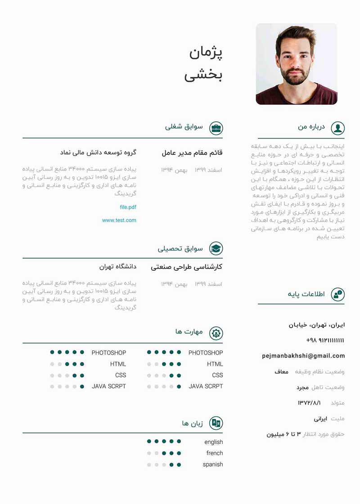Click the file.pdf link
pyautogui.click(x=128, y=207)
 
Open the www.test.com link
pyautogui.click(x=119, y=220)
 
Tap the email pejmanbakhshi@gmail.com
pyautogui.click(x=303, y=356)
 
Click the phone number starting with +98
pyautogui.click(x=325, y=340)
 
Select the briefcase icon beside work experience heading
pyautogui.click(x=216, y=128)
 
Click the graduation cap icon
pyautogui.click(x=216, y=249)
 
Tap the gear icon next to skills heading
pyautogui.click(x=216, y=333)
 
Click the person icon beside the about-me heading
pyautogui.click(x=337, y=128)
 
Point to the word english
pyautogui.click(x=213, y=442)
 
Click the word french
pyautogui.click(x=215, y=453)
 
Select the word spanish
pyautogui.click(x=213, y=464)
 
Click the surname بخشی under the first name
pyautogui.click(x=203, y=75)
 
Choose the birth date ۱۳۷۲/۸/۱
pyautogui.click(x=312, y=403)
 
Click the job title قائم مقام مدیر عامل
pyautogui.click(x=192, y=153)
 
